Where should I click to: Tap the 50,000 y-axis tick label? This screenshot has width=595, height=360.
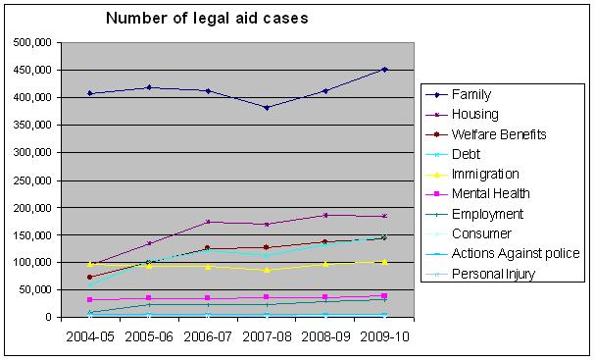(x=35, y=290)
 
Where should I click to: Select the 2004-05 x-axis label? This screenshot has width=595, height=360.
(x=89, y=335)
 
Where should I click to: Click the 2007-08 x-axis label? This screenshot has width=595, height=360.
(x=266, y=335)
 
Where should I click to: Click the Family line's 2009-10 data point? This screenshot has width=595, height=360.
(x=384, y=70)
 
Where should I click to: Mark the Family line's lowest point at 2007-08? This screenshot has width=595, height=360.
(x=267, y=107)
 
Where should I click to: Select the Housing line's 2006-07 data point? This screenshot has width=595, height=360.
(x=208, y=222)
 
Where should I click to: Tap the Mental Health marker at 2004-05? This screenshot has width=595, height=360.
(x=90, y=299)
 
